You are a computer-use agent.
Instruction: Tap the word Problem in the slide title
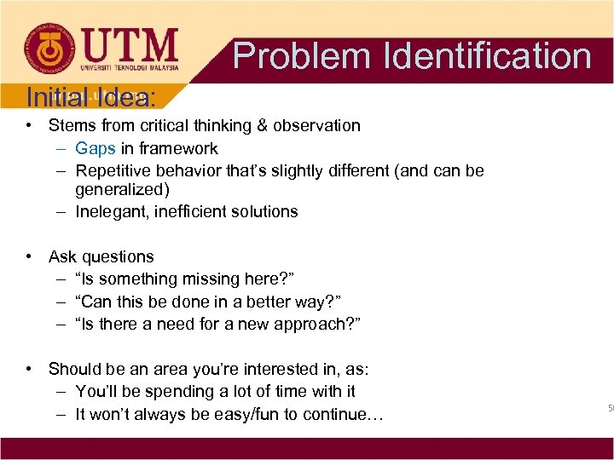click(x=303, y=55)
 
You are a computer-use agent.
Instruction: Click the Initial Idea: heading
click(x=90, y=97)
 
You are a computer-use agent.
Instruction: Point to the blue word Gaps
click(x=96, y=148)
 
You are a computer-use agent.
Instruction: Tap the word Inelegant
click(x=111, y=211)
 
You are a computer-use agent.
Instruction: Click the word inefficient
click(x=191, y=211)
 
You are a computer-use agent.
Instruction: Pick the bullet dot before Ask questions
click(x=30, y=256)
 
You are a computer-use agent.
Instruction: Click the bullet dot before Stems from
click(x=30, y=125)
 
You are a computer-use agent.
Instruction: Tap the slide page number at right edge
click(x=611, y=409)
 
